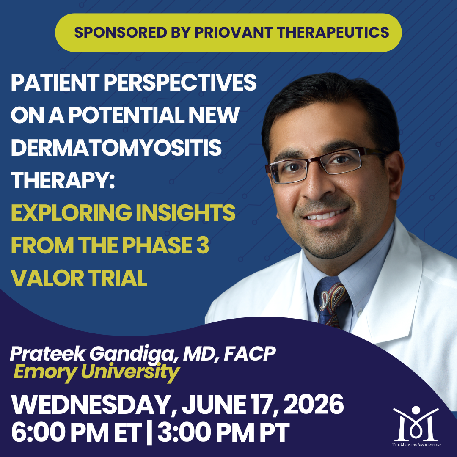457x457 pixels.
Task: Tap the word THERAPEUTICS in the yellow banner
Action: click(x=333, y=32)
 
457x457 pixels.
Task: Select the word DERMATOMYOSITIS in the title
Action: click(x=116, y=147)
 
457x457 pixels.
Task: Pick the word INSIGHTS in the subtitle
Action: click(x=185, y=213)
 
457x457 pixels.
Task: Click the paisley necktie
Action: click(x=332, y=302)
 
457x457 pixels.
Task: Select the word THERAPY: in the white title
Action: click(x=63, y=180)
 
